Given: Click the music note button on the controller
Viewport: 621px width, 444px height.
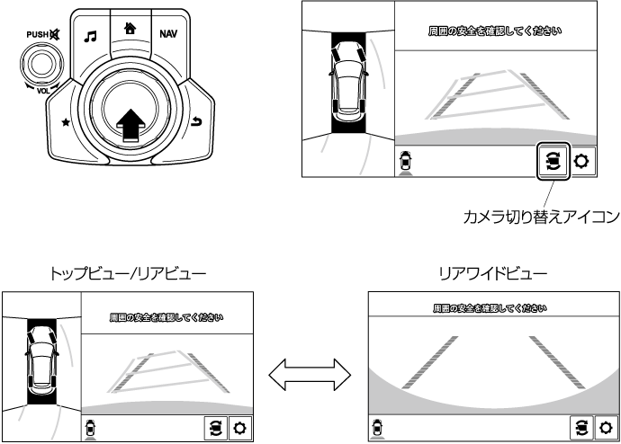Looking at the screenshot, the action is coord(90,37).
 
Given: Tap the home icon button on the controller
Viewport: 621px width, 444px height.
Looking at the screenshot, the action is coord(130,28).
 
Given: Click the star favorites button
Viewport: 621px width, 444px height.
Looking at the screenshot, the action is coord(66,122).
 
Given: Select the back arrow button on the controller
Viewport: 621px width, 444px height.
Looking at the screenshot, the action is coord(196,121).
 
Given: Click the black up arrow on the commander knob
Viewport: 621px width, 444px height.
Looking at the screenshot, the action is coord(130,125).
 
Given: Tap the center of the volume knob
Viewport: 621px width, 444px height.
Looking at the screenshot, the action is coord(41,64).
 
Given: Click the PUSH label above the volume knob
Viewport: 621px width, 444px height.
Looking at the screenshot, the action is coord(37,34).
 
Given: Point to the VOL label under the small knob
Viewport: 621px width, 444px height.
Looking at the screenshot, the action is coord(43,91).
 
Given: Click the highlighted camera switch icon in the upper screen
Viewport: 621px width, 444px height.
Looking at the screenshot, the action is coord(553,161).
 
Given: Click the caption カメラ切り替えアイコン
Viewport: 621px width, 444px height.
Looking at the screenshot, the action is coord(541,217).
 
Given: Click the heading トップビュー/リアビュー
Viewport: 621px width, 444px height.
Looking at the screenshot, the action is coord(128,273).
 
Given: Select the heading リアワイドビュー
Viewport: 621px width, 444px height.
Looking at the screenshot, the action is coord(493,273).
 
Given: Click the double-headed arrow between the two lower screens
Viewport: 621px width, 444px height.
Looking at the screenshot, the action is coord(310,375).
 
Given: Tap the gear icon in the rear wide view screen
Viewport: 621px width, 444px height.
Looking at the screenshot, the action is coord(606,428).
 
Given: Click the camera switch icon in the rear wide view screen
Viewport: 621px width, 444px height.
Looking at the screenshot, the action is coord(581,428).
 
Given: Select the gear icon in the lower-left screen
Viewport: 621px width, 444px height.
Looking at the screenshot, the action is coord(240,428).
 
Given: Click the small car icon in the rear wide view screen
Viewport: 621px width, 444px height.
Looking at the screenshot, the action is coord(377,428).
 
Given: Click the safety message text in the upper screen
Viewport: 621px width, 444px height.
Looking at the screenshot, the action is coord(495,31).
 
